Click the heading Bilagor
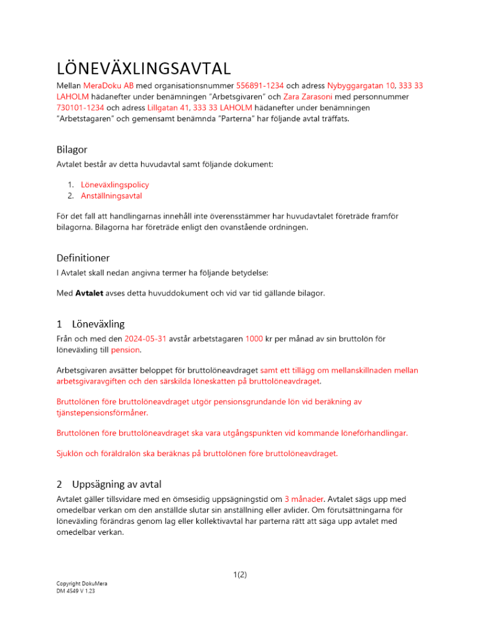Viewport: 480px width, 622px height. (x=72, y=150)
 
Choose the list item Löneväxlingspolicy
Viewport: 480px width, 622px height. (x=115, y=185)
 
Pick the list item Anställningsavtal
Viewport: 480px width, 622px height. (x=111, y=196)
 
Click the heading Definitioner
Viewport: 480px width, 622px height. (x=84, y=257)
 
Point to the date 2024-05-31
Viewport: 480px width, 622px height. (x=146, y=339)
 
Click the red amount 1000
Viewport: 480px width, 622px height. (x=254, y=339)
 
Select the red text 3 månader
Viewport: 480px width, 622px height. (x=304, y=498)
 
